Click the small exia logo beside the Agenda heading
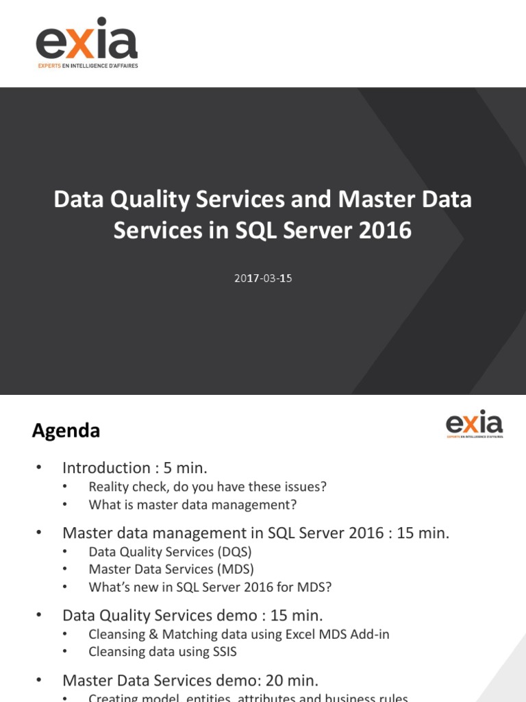click(474, 424)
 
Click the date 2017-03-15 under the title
click(262, 279)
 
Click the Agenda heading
click(66, 431)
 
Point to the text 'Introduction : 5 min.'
click(134, 468)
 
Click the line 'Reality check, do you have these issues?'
click(208, 487)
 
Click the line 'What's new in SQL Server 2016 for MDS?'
click(210, 588)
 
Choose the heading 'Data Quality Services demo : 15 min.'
click(192, 615)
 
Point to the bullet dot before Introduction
click(39, 468)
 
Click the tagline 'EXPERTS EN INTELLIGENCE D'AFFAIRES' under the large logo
click(87, 66)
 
